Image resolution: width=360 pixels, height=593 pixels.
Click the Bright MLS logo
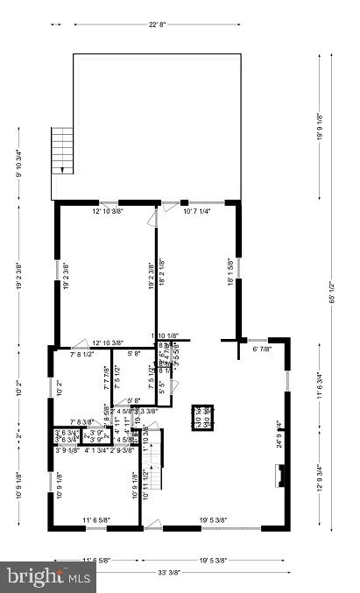(48, 575)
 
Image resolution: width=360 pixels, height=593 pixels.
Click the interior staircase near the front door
(152, 455)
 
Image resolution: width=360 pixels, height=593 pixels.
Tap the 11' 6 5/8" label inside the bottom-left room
(96, 520)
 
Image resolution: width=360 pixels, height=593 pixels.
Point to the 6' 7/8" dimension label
(262, 349)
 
